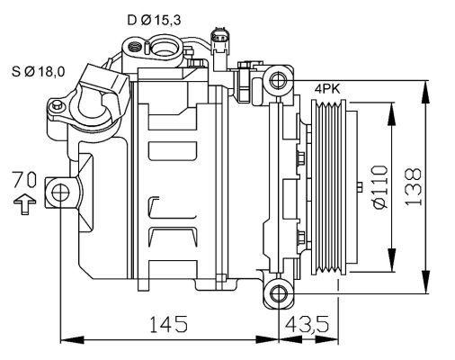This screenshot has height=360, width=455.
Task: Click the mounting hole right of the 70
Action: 60,192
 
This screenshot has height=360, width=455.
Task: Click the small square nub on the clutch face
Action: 359,188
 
